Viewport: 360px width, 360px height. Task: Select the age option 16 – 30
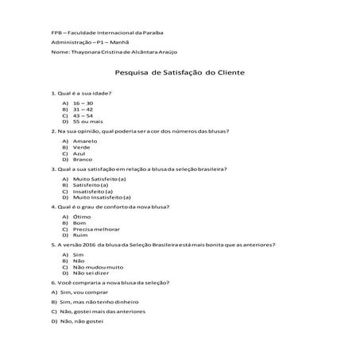[83, 103]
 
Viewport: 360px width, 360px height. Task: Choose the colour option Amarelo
[85, 141]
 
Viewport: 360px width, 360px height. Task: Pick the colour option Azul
[79, 153]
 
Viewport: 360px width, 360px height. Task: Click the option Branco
[83, 159]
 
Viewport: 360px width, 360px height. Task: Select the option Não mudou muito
[98, 267]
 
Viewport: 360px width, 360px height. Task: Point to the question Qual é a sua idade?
[83, 92]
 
